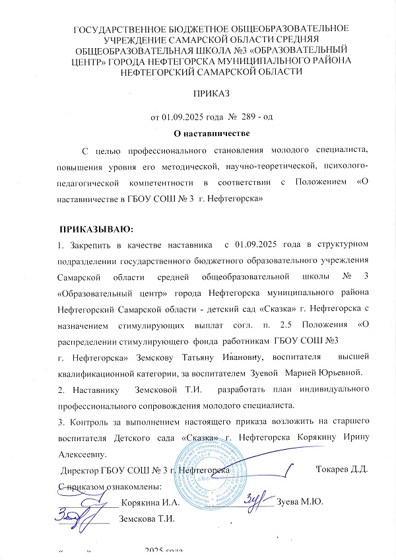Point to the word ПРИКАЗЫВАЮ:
click(x=96, y=230)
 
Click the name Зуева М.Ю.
click(x=300, y=503)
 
